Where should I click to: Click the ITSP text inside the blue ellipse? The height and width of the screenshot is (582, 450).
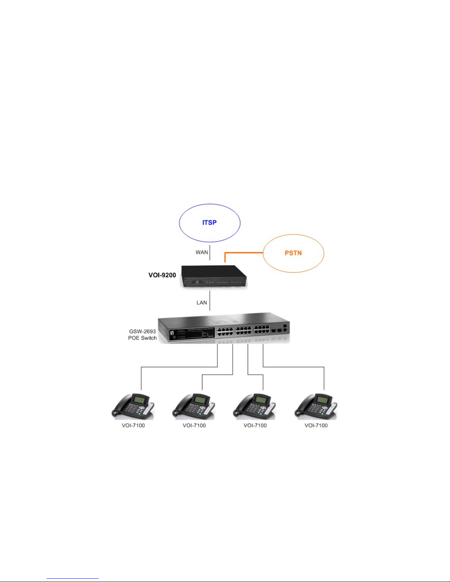coord(209,223)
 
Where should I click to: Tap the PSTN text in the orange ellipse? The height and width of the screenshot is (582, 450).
coord(293,253)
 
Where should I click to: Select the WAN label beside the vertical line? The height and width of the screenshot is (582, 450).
coord(202,252)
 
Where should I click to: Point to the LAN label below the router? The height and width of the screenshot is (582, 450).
coord(202,303)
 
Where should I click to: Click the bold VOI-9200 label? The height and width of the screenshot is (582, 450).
coord(162,275)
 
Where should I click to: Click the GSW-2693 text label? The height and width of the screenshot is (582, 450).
coord(143,331)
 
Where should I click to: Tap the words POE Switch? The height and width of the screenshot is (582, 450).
coord(143,338)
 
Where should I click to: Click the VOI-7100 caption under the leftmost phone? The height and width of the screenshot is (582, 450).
coord(133,426)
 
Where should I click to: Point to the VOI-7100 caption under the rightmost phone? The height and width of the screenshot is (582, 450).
coord(316,426)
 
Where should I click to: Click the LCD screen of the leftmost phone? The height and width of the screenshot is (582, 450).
coord(139,399)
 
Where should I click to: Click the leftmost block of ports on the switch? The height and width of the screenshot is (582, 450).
coord(225,331)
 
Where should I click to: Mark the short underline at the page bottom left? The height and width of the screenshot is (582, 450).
coord(73,579)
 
